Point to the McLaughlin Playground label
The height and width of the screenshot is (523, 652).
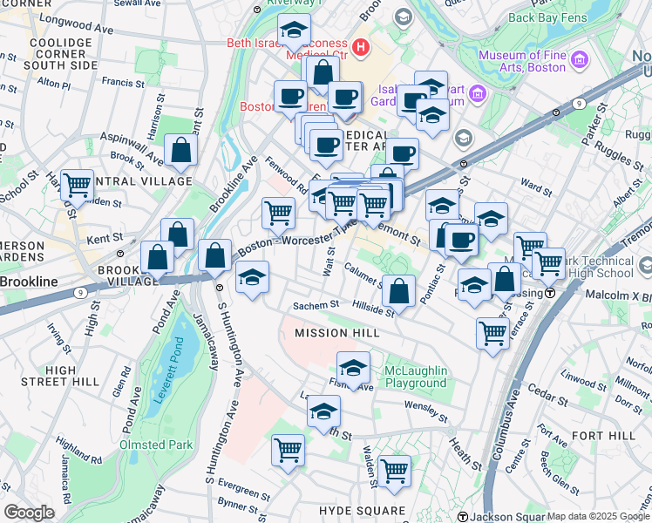point(416,377)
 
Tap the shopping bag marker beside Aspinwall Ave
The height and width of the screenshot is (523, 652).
point(180,150)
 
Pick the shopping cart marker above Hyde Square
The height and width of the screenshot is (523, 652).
point(394,471)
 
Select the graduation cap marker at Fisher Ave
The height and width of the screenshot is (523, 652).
point(353,368)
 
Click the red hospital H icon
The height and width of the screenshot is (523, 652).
point(358,44)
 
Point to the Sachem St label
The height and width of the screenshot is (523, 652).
point(315,306)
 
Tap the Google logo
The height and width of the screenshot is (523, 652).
point(29,513)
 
